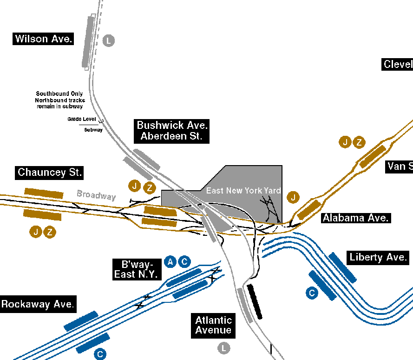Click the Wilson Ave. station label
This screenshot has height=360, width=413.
click(x=44, y=39)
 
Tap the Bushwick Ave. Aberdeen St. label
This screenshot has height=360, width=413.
click(x=172, y=131)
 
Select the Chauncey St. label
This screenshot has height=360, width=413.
click(x=50, y=173)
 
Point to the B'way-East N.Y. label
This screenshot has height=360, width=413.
click(x=136, y=268)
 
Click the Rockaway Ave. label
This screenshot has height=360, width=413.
click(x=38, y=305)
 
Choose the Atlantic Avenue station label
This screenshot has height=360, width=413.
click(x=213, y=325)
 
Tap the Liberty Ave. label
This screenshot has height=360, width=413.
click(x=378, y=257)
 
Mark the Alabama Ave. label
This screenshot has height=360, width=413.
click(x=355, y=218)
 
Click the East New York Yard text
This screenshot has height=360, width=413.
click(x=243, y=191)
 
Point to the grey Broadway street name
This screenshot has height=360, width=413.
click(x=96, y=195)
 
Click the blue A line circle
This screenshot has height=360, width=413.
click(x=170, y=262)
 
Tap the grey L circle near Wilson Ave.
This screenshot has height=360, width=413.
click(x=108, y=40)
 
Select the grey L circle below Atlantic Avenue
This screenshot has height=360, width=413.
click(x=224, y=347)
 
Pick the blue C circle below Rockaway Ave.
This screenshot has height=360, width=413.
click(x=100, y=354)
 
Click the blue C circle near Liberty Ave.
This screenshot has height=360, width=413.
click(x=312, y=293)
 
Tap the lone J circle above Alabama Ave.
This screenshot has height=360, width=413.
click(x=293, y=197)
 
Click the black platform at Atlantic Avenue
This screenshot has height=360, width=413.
click(x=255, y=301)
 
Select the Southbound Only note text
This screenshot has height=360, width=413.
click(x=59, y=100)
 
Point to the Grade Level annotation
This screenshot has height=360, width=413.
click(x=82, y=119)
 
